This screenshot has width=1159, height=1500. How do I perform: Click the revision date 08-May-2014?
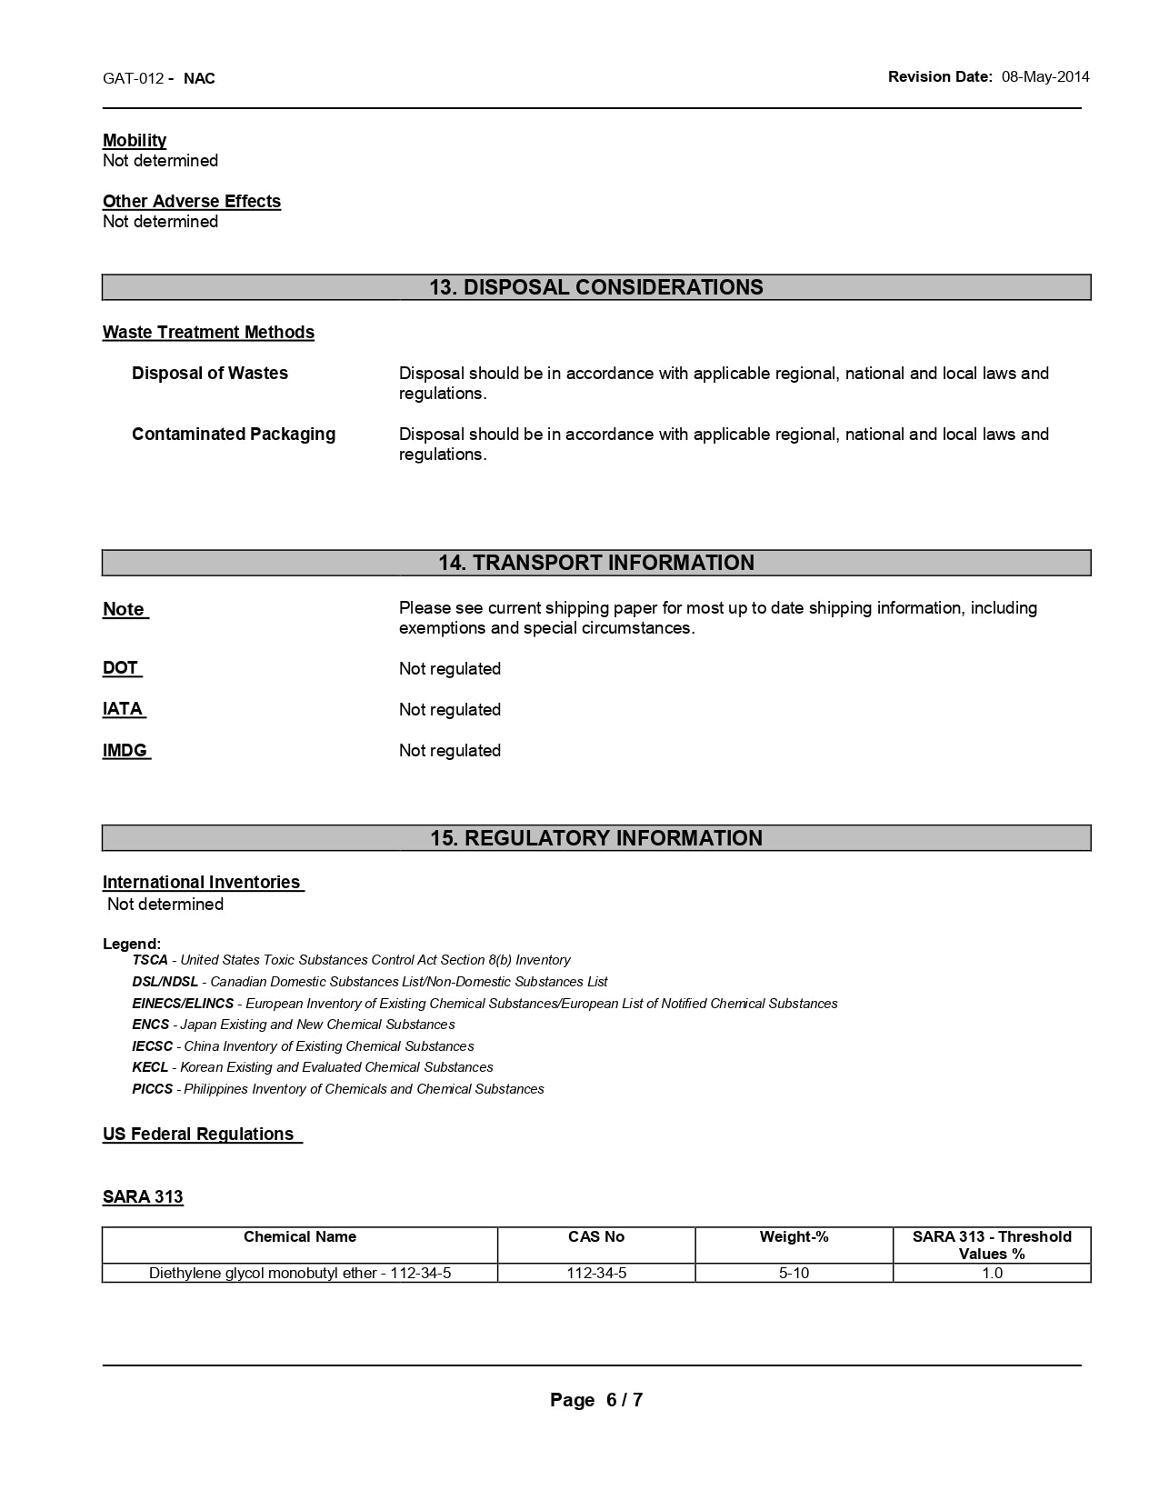pos(1045,77)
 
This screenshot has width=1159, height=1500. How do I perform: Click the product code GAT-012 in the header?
pos(133,78)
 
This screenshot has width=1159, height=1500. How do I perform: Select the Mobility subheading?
pos(135,140)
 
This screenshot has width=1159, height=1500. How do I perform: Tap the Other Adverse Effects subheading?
pos(192,201)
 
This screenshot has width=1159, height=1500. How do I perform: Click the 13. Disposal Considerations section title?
pos(596,287)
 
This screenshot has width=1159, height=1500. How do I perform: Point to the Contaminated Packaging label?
pos(234,434)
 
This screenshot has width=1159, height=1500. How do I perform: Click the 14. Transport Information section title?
pos(596,563)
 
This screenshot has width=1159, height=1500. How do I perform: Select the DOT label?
pos(121,667)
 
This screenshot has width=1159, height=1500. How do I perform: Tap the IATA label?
pos(123,708)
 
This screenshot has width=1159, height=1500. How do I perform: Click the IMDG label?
pos(125,750)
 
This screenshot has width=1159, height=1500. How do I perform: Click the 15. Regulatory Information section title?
pos(596,838)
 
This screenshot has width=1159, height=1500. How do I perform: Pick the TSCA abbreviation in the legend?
pos(150,960)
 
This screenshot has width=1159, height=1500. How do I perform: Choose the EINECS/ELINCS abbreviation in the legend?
pos(183,1004)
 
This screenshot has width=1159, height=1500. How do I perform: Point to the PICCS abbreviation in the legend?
pos(152,1089)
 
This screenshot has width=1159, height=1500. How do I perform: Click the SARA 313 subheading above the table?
pos(143,1196)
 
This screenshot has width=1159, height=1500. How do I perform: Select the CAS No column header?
pos(596,1236)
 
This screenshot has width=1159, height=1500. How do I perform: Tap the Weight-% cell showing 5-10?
pos(794,1273)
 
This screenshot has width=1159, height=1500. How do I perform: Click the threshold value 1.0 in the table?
pos(992,1273)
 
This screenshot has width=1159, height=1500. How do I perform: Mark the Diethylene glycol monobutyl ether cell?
pos(300,1273)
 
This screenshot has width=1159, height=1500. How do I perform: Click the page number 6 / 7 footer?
pos(596,1400)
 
